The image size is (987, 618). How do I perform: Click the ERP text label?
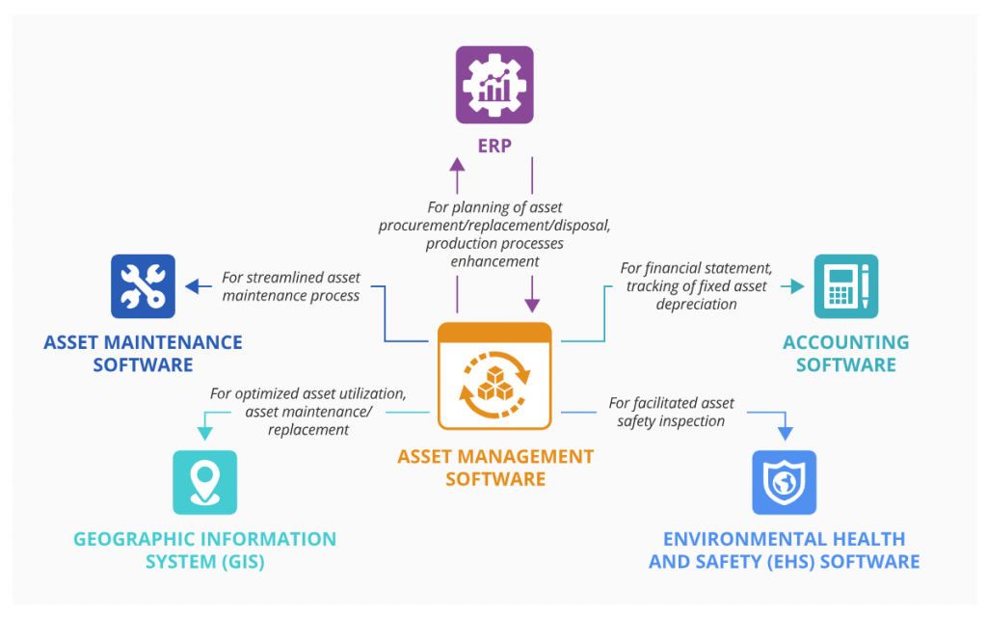(x=494, y=147)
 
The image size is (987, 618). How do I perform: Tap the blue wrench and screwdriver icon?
(x=143, y=285)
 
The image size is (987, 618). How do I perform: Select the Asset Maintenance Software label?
(x=143, y=353)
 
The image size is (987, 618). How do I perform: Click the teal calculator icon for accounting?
(x=845, y=285)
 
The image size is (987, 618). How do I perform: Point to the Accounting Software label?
(x=845, y=353)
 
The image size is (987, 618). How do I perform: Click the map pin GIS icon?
(x=204, y=482)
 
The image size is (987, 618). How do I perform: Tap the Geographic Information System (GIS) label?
(x=204, y=551)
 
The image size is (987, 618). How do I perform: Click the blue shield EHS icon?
(x=784, y=482)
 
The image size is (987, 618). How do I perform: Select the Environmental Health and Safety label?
(x=784, y=551)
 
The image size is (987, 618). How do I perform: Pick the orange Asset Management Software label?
(x=495, y=467)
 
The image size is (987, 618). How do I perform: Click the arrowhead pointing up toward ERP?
(x=457, y=166)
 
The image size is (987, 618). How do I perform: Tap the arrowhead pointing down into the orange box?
(x=532, y=305)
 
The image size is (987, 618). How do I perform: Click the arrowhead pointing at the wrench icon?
(x=193, y=286)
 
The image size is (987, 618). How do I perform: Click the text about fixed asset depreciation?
(x=696, y=286)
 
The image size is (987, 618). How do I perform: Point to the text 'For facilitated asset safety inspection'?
(x=671, y=412)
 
